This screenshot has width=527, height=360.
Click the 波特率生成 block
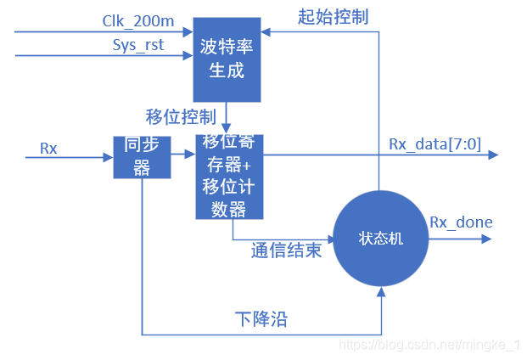(x=227, y=59)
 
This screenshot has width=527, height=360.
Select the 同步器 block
(x=142, y=157)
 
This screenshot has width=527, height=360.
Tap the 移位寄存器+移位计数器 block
(x=230, y=176)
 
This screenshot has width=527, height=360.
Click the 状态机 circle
(x=379, y=239)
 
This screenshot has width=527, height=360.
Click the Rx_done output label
(x=461, y=222)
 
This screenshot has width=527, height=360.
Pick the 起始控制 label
(x=333, y=16)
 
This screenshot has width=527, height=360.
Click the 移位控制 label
(x=181, y=115)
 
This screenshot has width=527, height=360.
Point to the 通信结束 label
(x=286, y=251)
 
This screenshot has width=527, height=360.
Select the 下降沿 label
(x=261, y=319)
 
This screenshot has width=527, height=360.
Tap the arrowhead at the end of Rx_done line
(x=485, y=239)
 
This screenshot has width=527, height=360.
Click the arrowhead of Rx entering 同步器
(x=108, y=157)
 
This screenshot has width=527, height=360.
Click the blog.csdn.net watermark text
(x=429, y=344)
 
